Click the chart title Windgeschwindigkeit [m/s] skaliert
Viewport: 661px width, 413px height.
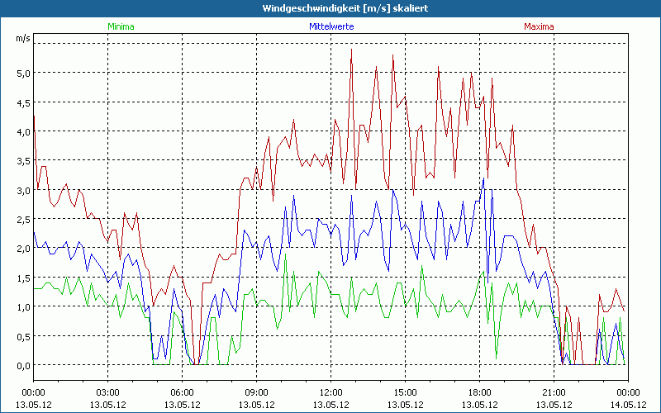coord(330,7)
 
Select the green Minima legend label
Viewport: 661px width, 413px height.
coord(120,26)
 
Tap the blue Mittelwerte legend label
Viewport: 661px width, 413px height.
coord(330,26)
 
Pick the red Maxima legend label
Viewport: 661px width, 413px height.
coord(539,26)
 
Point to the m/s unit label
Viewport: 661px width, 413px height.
coord(21,38)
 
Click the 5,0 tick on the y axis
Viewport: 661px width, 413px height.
coord(22,73)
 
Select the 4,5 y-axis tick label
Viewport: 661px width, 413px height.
coord(22,102)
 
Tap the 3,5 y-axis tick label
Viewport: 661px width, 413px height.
coord(22,161)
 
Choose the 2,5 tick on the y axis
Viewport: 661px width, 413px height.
coord(22,219)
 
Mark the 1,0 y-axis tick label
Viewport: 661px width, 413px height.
coord(22,307)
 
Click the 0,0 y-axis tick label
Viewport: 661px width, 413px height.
coord(22,365)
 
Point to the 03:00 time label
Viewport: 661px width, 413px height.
coord(108,392)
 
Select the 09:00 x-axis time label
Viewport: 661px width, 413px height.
coord(256,392)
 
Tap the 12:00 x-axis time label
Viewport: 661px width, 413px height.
coord(330,392)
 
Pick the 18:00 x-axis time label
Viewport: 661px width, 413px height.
coord(479,392)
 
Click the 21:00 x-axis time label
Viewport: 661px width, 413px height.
coord(554,392)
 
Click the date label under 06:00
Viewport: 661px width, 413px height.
coord(183,405)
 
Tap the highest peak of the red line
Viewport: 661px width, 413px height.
coord(351,49)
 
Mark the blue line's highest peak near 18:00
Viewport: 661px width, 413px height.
coord(484,178)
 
